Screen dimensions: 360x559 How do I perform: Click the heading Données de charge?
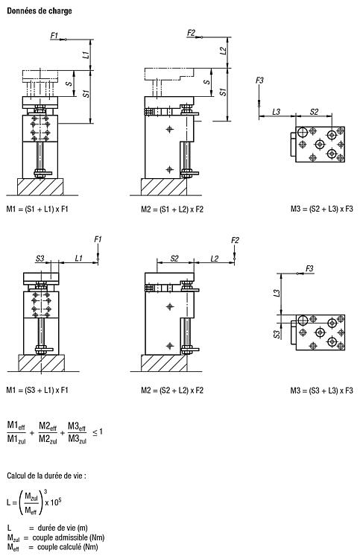(40, 10)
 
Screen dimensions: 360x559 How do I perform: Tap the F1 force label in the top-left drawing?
(54, 35)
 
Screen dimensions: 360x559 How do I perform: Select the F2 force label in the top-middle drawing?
(192, 33)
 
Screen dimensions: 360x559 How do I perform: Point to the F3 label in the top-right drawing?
(259, 80)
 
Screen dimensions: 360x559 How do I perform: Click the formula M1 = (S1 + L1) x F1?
(37, 209)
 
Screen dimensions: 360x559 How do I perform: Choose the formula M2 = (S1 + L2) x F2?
(172, 209)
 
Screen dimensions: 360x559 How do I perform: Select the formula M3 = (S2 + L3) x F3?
(321, 209)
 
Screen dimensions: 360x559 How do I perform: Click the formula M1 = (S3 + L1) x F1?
(37, 390)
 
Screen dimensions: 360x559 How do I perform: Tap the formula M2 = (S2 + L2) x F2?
(172, 391)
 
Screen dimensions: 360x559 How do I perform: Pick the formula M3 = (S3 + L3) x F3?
(321, 391)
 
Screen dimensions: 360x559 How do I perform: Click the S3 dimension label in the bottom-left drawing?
(40, 258)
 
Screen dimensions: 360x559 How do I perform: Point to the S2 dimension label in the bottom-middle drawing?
(174, 259)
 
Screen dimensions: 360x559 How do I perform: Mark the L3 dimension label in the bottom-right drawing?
(277, 293)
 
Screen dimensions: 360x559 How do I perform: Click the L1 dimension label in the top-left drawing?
(86, 55)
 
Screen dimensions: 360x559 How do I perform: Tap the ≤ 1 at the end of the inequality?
(98, 432)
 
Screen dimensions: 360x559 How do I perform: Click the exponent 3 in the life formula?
(45, 492)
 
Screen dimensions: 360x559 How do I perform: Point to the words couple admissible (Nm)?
(69, 537)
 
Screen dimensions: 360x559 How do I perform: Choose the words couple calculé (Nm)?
(68, 547)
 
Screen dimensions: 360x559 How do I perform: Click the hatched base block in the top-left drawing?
(41, 187)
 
